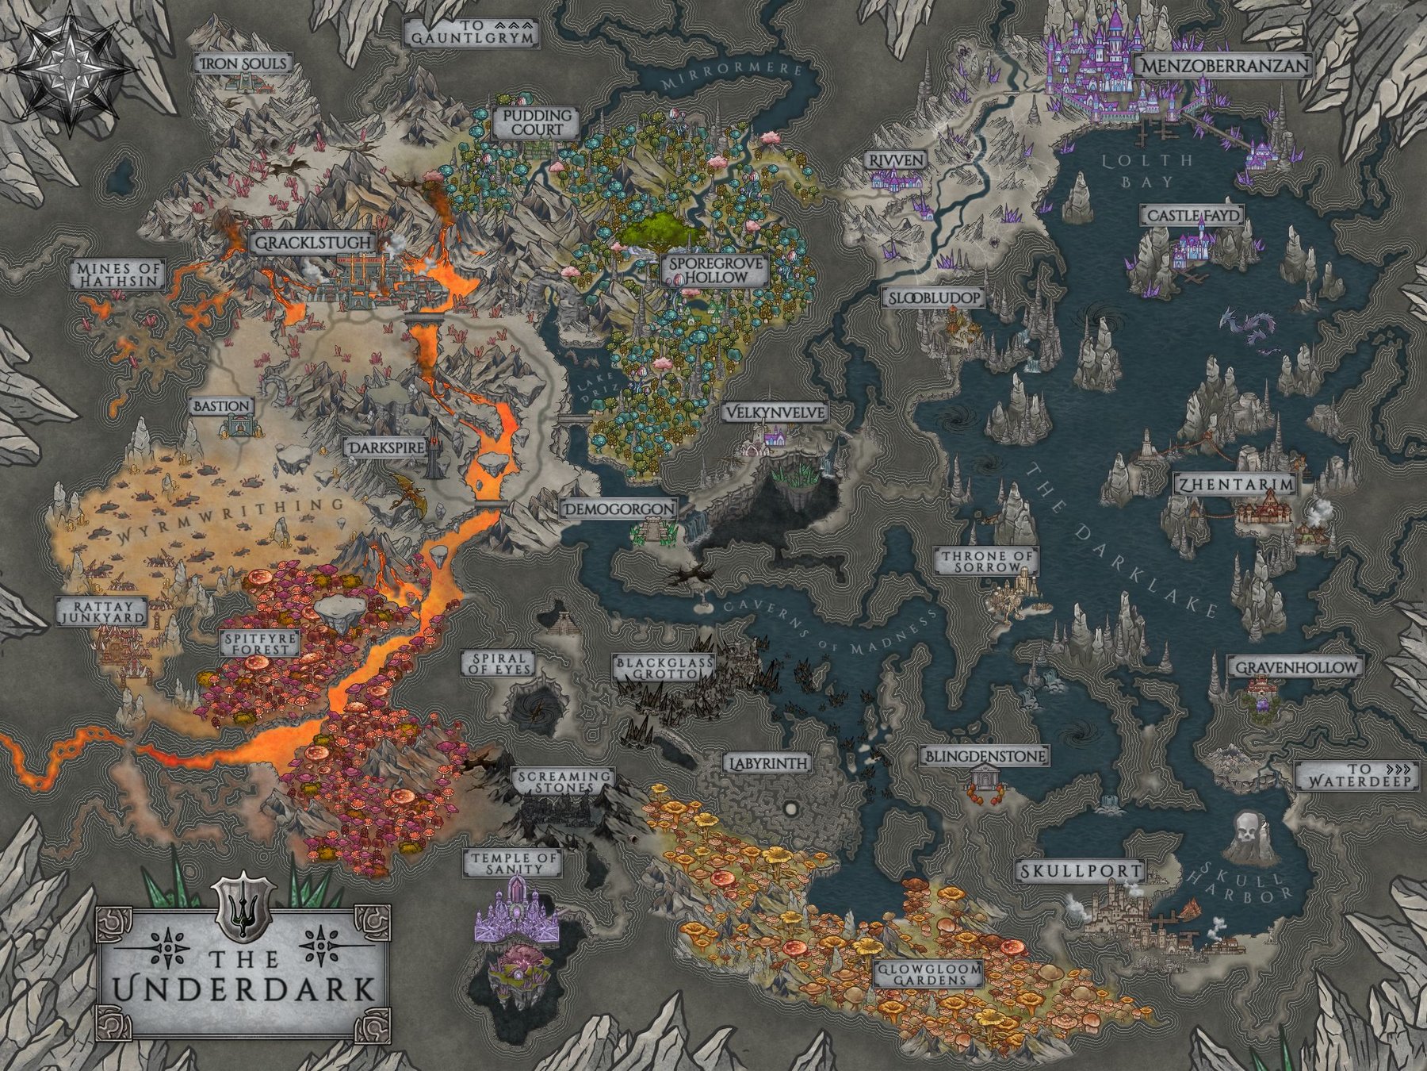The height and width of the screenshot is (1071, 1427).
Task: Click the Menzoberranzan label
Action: (1224, 66)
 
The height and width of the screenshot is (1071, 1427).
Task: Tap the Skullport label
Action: (1081, 871)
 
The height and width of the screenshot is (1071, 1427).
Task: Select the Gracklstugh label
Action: (312, 242)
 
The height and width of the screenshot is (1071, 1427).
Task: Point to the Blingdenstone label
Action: (984, 756)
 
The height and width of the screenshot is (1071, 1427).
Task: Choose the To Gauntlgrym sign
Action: (472, 33)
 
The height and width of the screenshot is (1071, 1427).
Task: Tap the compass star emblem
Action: (70, 69)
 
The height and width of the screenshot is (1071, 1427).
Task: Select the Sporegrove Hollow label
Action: (715, 270)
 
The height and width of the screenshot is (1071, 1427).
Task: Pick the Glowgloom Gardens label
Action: (928, 973)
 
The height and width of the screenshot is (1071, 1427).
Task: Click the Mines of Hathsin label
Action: (118, 274)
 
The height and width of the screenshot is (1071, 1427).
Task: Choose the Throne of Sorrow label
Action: (987, 562)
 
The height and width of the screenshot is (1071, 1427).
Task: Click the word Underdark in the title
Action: (244, 989)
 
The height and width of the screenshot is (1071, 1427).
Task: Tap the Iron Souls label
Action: (243, 63)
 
